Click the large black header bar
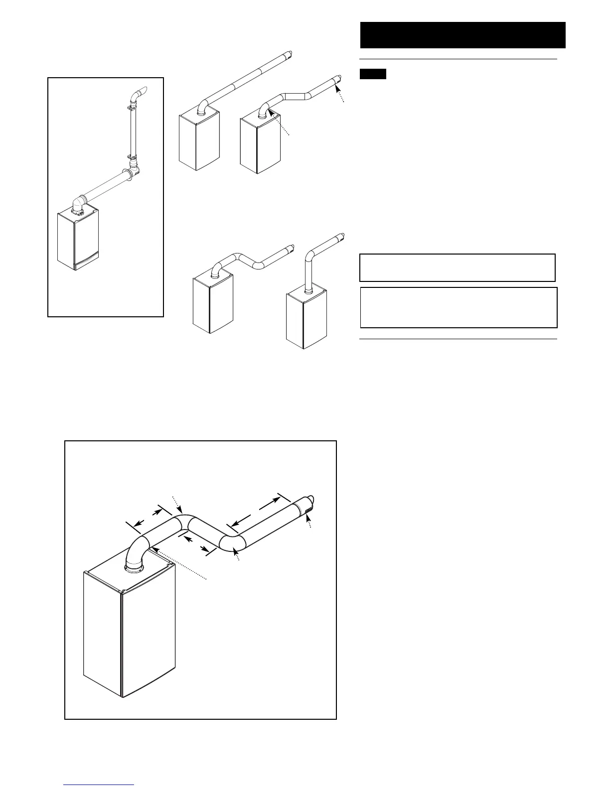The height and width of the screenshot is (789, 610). point(462,35)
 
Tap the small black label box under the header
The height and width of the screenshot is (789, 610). point(373,74)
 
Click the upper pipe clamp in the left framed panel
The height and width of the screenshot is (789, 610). point(132,106)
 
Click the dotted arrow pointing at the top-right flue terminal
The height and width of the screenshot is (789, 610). point(340,95)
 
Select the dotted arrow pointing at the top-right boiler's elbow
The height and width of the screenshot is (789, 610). point(279,122)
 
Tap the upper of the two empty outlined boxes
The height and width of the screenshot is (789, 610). point(457,267)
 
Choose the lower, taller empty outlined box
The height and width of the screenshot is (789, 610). point(458,307)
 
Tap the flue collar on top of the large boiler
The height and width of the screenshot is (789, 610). point(133,567)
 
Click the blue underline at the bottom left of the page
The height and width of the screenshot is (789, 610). point(99,785)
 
